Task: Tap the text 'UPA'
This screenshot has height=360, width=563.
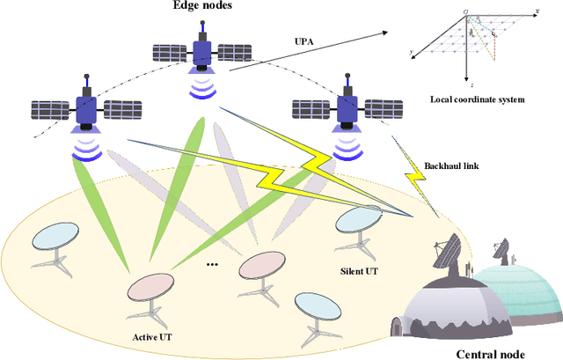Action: tap(303, 41)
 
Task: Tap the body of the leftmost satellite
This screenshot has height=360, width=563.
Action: tap(86, 110)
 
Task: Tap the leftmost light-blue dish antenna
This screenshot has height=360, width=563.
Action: tap(55, 235)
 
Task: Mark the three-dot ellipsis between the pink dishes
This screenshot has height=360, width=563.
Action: tap(211, 264)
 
